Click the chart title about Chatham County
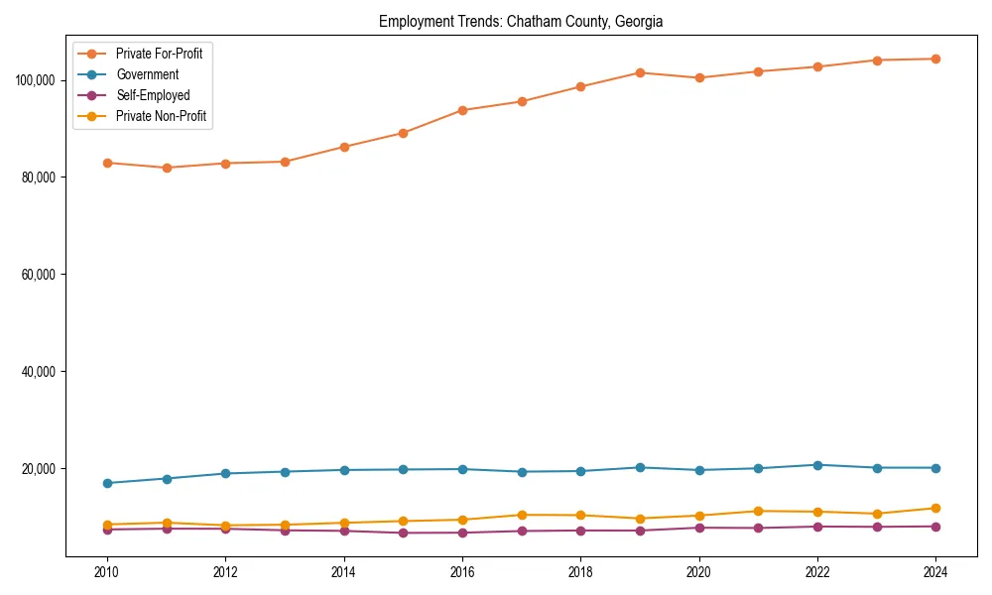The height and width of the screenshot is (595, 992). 521,21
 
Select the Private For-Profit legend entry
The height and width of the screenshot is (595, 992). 159,54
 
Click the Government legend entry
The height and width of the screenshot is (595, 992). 147,74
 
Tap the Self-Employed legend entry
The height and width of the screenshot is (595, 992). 152,95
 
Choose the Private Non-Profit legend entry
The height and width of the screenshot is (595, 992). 162,116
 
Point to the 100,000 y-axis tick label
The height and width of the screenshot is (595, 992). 36,79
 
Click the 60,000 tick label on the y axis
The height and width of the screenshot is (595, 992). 39,274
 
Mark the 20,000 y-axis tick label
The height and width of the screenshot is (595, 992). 39,468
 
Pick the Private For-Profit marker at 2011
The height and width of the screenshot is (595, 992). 167,168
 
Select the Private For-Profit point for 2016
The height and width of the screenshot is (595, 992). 462,110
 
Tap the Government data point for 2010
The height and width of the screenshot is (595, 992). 107,483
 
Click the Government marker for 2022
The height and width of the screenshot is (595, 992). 817,465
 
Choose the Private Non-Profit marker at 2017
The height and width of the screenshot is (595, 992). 522,515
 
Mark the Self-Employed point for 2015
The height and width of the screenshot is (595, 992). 403,533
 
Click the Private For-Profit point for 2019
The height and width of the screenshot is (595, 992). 640,72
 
